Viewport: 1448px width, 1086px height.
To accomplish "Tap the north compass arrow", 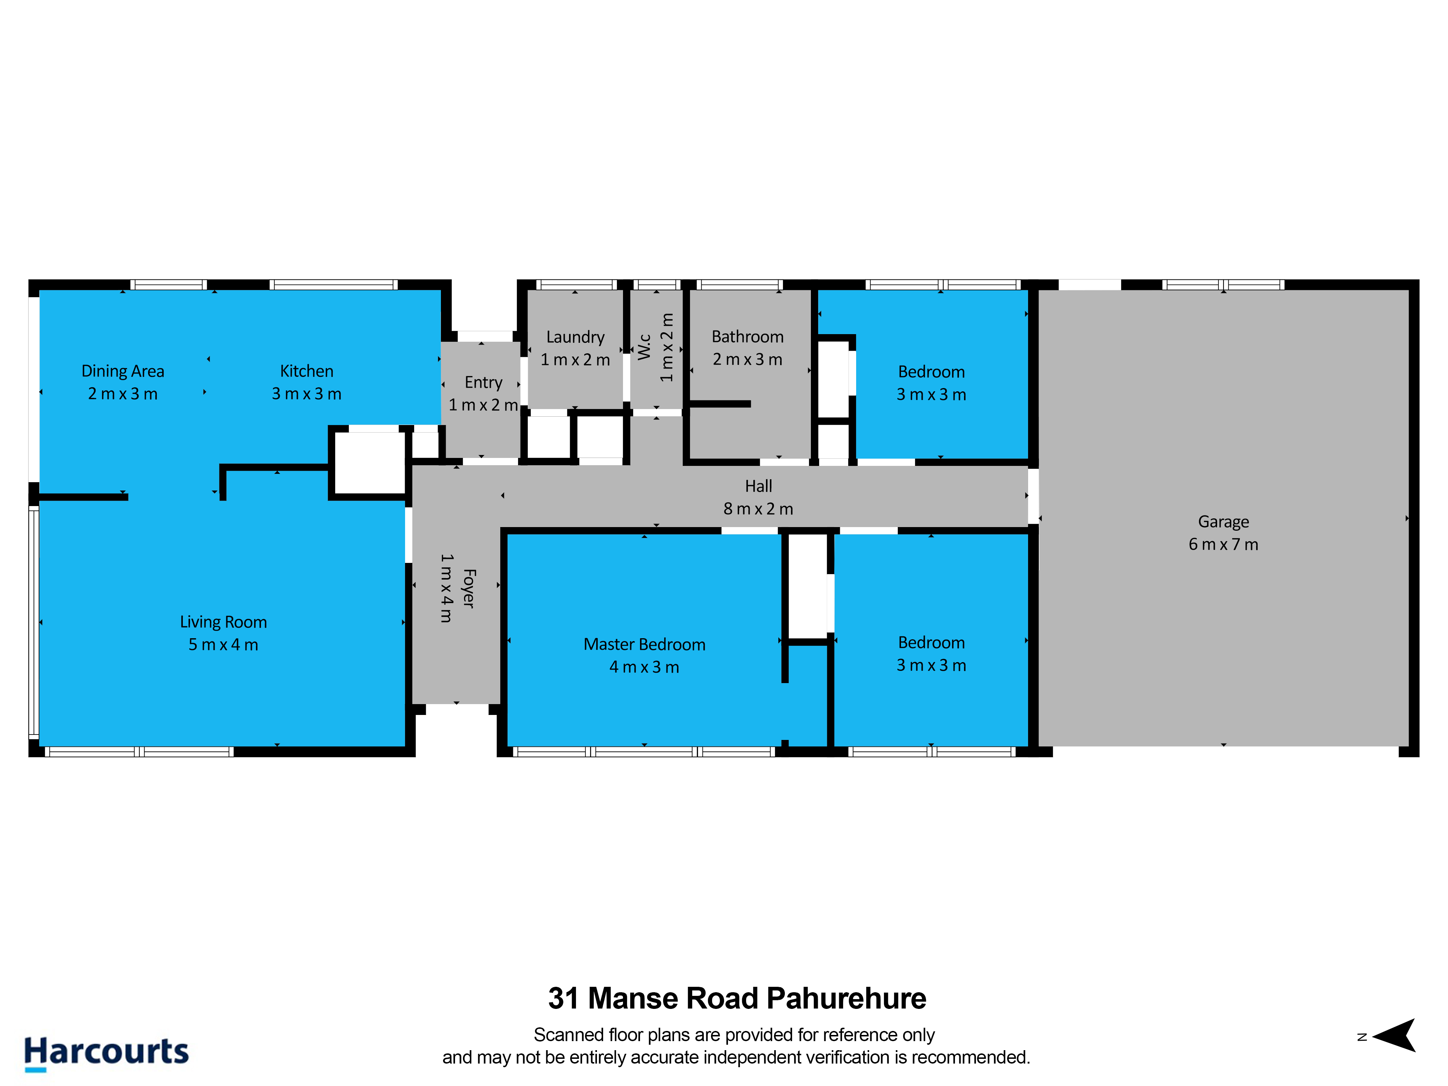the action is tap(1394, 1036).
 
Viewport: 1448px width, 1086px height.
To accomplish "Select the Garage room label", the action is tap(1223, 522).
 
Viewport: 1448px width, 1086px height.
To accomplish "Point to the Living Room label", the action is tap(223, 622).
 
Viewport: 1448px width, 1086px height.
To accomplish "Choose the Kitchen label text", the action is tap(306, 371).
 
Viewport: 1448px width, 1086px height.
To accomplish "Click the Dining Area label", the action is tap(122, 371).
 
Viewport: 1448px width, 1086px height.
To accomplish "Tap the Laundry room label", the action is tap(576, 337).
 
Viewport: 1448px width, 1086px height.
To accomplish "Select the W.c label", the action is tap(644, 347).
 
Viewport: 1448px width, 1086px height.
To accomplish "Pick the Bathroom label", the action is tap(748, 336).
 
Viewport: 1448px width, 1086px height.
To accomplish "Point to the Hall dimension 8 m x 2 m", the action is tap(758, 509).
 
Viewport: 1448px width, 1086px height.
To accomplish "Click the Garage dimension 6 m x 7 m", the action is tap(1223, 544).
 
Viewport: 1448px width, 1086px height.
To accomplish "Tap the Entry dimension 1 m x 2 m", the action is tap(483, 405).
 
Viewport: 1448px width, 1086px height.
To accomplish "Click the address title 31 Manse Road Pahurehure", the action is tap(737, 998).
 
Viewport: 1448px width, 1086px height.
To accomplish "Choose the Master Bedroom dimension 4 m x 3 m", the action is tap(644, 667).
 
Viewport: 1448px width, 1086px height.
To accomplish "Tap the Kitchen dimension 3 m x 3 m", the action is tap(306, 393).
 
